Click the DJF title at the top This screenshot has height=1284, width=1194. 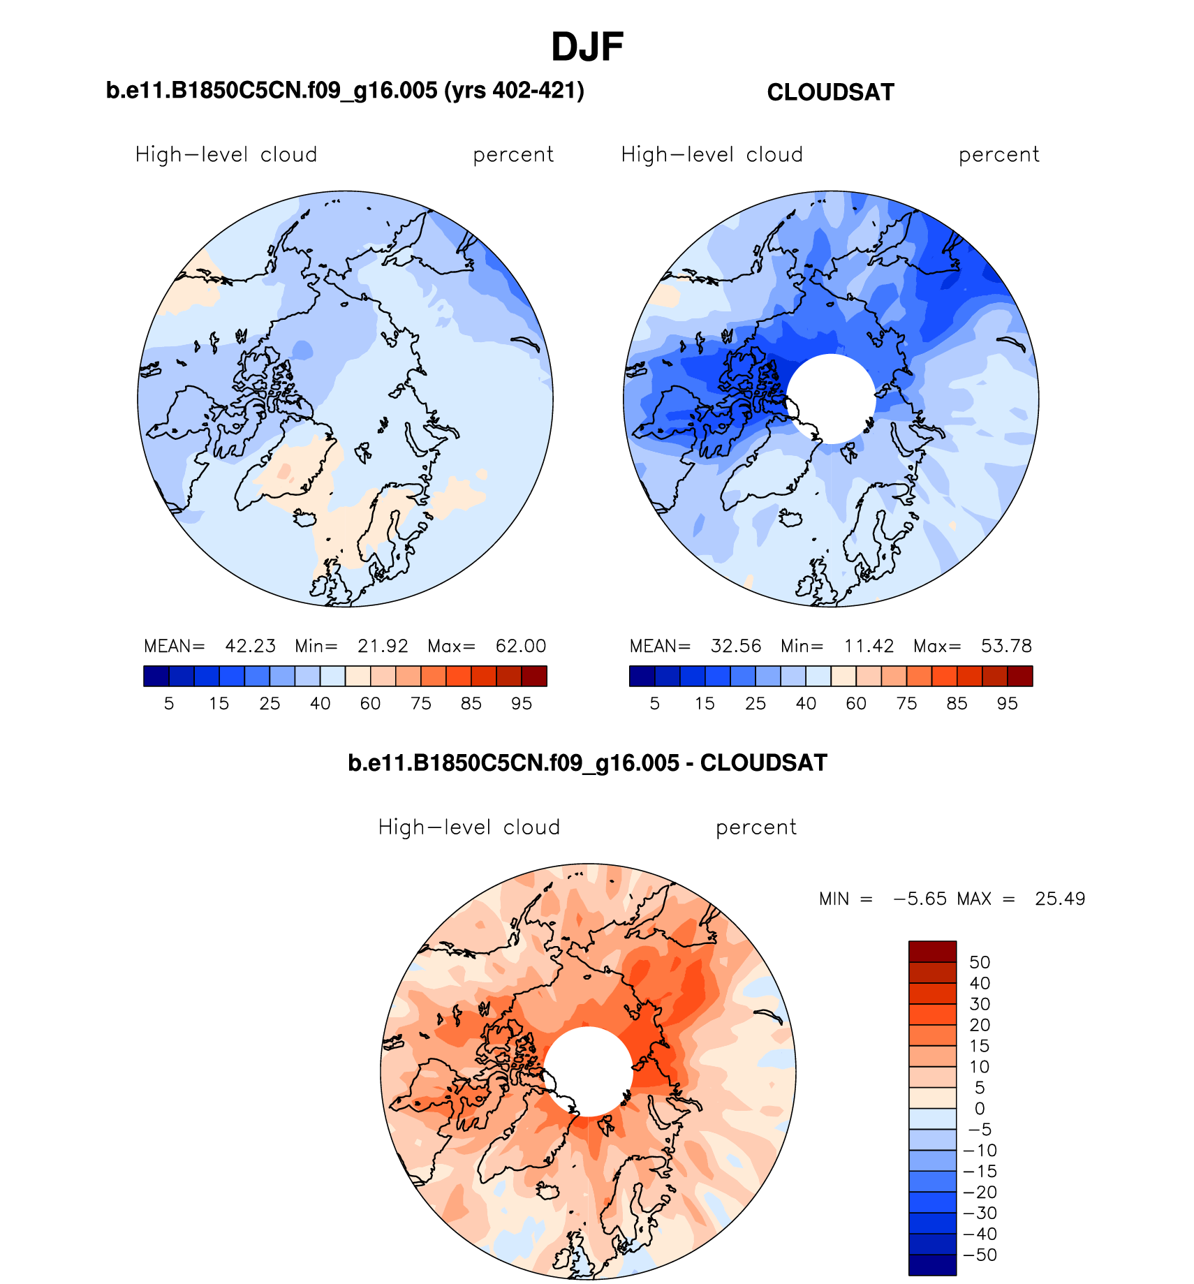[x=587, y=47]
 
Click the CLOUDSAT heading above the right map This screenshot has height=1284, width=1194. [x=830, y=92]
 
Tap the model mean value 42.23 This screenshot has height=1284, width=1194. [x=250, y=646]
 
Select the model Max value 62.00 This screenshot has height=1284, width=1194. [x=520, y=646]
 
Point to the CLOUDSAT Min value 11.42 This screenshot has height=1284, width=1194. [x=869, y=646]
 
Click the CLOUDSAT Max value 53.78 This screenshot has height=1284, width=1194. [x=1006, y=646]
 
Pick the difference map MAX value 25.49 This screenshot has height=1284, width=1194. [x=1060, y=899]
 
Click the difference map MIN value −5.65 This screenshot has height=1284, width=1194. [x=920, y=899]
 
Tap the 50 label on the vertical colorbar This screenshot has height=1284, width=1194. [x=980, y=962]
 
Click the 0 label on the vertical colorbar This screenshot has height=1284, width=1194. [x=980, y=1109]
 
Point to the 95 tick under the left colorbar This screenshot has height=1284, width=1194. [x=522, y=704]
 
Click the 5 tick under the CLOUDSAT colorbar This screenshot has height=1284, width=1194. [x=654, y=704]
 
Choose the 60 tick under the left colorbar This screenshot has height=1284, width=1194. [x=370, y=704]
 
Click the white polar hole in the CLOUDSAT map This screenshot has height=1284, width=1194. [x=831, y=398]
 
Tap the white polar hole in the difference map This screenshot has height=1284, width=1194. [x=588, y=1071]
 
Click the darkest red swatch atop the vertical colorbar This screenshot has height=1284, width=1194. [x=932, y=952]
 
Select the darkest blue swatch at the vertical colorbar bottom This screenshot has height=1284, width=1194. [x=932, y=1264]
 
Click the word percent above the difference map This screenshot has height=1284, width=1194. [x=756, y=827]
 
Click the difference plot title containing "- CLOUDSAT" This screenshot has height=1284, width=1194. [x=587, y=762]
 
